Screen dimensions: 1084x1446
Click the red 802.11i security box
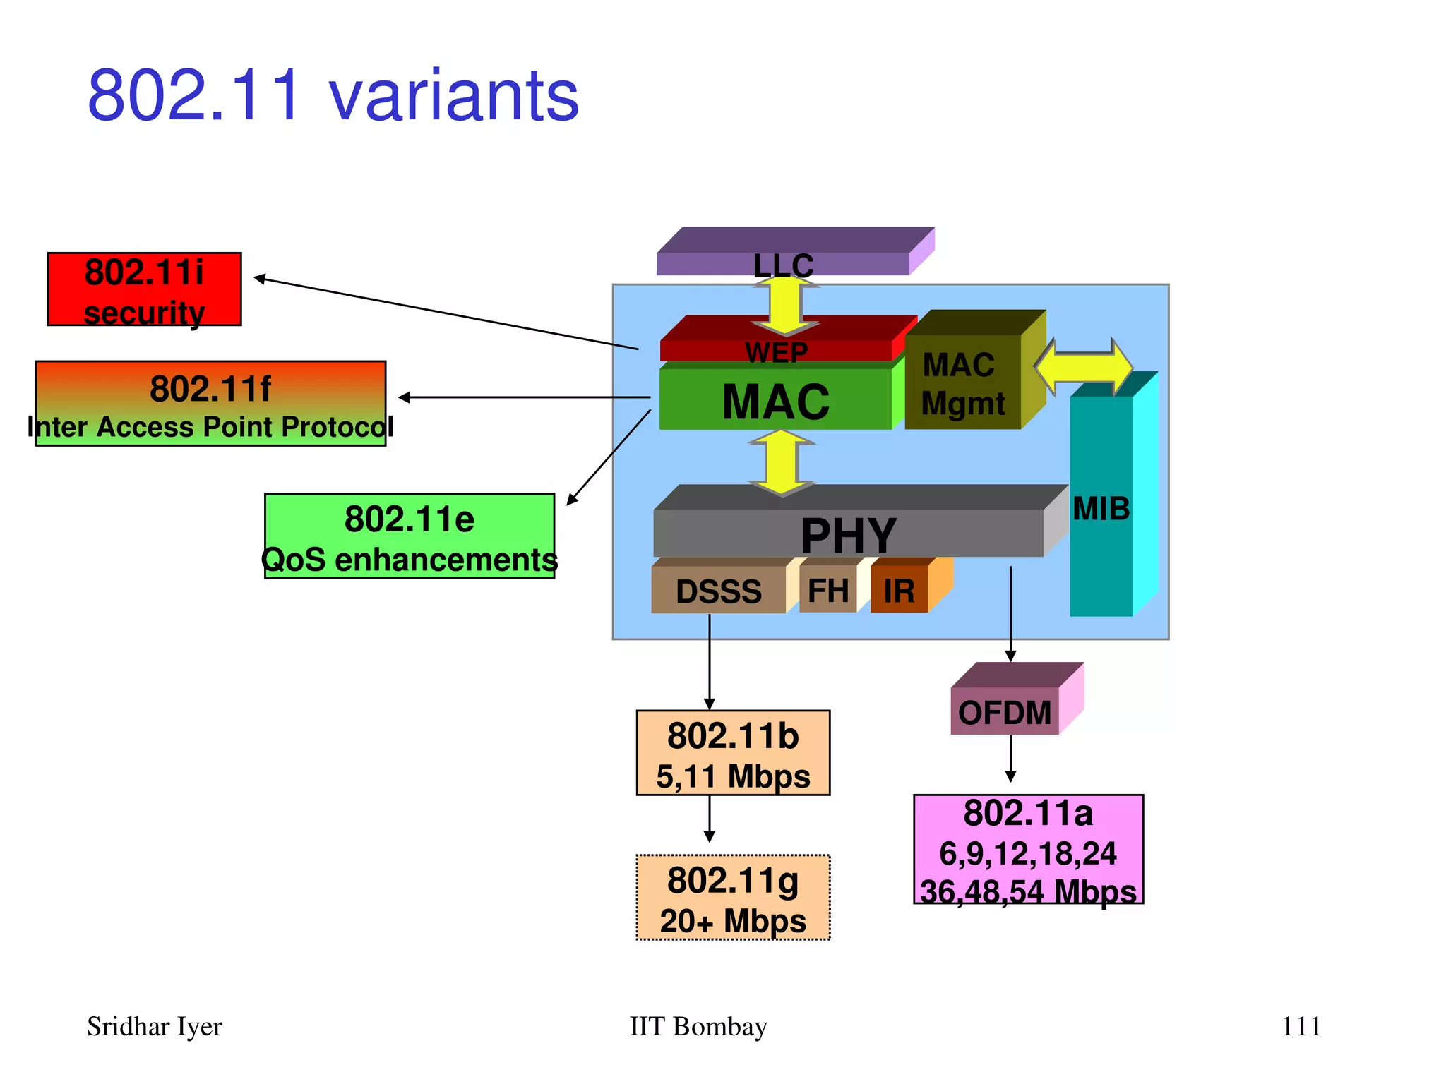pos(144,289)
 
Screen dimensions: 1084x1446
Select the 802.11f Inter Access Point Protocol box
pos(210,404)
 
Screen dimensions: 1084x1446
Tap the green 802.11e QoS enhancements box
pos(410,536)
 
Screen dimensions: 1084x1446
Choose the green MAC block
pos(775,400)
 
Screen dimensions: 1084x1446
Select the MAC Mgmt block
pos(963,383)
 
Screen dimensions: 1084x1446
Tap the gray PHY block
pos(847,533)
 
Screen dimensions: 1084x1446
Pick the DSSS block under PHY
pos(718,590)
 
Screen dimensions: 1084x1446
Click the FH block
pos(827,590)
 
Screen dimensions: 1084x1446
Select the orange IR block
pos(900,590)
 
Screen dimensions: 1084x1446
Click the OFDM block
pos(1004,711)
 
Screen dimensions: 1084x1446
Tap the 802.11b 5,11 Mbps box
pos(733,753)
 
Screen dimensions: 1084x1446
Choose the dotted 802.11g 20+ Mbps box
pos(733,898)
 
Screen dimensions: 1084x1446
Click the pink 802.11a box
pos(1028,850)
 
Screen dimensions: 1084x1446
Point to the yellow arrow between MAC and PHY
pos(782,463)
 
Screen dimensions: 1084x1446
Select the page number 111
pos(1301,1026)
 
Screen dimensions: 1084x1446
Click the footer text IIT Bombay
pos(698,1026)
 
